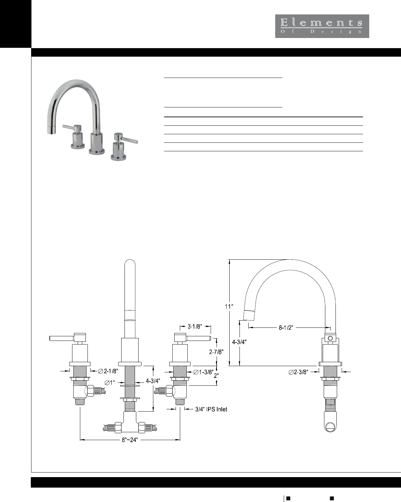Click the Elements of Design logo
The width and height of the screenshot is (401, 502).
[322, 26]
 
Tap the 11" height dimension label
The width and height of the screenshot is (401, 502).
[229, 306]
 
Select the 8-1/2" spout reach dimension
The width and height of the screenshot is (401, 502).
[286, 327]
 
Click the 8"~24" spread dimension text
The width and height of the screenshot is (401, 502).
[130, 440]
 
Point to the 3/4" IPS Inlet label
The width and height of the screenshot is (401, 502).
[211, 409]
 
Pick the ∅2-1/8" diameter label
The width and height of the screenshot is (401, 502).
[108, 371]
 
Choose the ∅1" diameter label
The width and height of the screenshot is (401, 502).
[110, 382]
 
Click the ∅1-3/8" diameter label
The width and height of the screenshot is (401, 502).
[203, 372]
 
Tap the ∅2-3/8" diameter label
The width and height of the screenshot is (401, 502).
[298, 372]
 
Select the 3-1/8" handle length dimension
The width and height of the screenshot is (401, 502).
[195, 326]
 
